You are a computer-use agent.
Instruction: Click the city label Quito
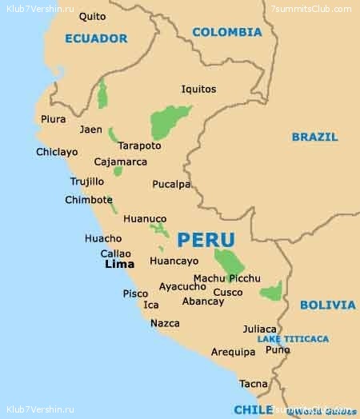(x=93, y=16)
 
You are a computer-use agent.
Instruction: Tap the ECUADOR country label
(x=96, y=38)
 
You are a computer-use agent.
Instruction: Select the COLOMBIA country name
(x=227, y=33)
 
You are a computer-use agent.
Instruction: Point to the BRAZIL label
(x=314, y=137)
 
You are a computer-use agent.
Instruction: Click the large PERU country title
(x=206, y=240)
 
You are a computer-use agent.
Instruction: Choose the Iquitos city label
(x=198, y=90)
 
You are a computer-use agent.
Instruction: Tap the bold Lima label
(x=120, y=264)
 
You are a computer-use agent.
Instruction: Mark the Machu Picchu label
(x=227, y=278)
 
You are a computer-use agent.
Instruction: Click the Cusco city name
(x=228, y=292)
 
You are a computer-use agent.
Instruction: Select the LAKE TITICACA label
(x=293, y=339)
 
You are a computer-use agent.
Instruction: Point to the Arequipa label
(x=234, y=352)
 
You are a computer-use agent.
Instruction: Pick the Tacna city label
(x=254, y=384)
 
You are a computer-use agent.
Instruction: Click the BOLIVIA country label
(x=328, y=305)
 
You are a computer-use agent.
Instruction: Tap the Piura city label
(x=54, y=119)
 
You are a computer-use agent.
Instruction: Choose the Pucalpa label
(x=172, y=184)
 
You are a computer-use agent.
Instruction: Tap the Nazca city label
(x=165, y=323)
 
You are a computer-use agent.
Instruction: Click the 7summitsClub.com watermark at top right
(x=311, y=9)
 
